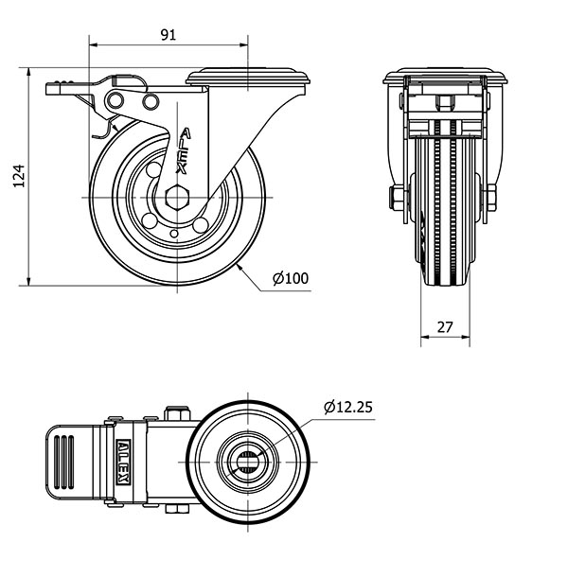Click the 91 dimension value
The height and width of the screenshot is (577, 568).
(169, 35)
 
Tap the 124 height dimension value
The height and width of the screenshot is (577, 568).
(19, 176)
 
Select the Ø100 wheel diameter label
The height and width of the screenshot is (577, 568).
(291, 278)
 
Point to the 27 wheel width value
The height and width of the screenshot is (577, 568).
(445, 326)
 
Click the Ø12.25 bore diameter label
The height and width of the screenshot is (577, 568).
(348, 407)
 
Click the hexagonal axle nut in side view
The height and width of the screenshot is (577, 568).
(177, 198)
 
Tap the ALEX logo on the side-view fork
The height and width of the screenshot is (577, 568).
(184, 151)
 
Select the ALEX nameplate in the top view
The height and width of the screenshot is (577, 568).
(123, 463)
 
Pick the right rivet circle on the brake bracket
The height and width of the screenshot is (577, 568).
(151, 101)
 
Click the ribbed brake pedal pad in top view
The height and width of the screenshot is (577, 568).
(70, 463)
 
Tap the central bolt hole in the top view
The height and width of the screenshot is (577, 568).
(247, 462)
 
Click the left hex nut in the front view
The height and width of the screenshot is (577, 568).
(397, 198)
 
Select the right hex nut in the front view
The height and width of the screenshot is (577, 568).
(491, 198)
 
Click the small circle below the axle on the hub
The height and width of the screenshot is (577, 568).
(174, 234)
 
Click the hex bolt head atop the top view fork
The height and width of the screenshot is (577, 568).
(177, 413)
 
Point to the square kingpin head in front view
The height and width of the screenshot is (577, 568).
(445, 103)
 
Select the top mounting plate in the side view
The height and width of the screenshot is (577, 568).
(247, 77)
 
